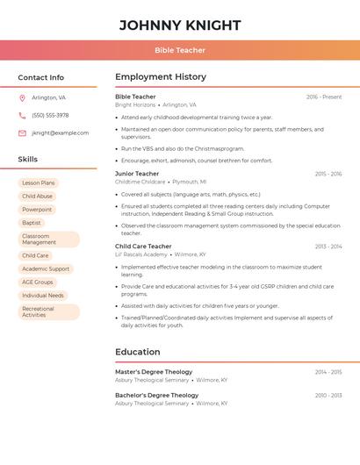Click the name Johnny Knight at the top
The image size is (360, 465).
tap(180, 25)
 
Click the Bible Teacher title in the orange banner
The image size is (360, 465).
tap(180, 50)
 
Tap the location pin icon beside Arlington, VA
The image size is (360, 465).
tap(22, 97)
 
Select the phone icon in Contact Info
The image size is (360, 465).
tap(22, 115)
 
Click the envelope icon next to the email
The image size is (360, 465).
tap(22, 133)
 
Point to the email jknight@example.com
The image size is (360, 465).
tap(60, 133)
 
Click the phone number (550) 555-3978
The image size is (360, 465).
tap(50, 115)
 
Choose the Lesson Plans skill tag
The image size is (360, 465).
tap(38, 183)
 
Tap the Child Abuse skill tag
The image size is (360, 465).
tap(37, 197)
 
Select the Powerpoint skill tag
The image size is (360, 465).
tap(37, 210)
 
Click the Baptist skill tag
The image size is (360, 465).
tap(32, 223)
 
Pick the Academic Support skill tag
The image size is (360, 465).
tap(46, 268)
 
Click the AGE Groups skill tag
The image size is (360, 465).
tap(38, 282)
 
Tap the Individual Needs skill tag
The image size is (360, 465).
tap(43, 296)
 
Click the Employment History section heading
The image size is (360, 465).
tap(161, 77)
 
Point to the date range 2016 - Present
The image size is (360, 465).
tap(324, 97)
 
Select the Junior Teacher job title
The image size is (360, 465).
tap(137, 174)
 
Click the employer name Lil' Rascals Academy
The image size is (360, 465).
tap(142, 254)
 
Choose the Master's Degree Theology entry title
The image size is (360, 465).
tap(154, 372)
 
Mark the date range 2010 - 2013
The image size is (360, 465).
tap(328, 396)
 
